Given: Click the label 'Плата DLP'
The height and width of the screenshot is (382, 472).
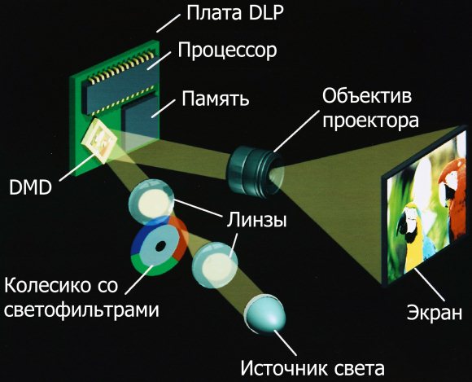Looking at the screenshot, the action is pyautogui.click(x=235, y=13).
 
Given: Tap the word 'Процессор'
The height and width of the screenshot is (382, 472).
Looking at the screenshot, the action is pyautogui.click(x=227, y=50).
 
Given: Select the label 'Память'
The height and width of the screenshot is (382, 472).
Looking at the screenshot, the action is pyautogui.click(x=216, y=99).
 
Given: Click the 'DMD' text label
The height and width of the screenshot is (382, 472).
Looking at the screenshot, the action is pyautogui.click(x=30, y=188).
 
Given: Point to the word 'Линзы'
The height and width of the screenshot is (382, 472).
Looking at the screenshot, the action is pyautogui.click(x=256, y=220).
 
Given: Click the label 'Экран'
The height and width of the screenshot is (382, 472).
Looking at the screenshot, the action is pyautogui.click(x=435, y=313).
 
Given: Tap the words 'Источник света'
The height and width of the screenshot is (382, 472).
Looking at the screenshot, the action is pyautogui.click(x=312, y=368).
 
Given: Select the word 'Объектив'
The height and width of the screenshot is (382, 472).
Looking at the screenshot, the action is pyautogui.click(x=367, y=96).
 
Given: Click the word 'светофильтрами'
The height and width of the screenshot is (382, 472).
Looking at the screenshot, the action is pyautogui.click(x=81, y=310).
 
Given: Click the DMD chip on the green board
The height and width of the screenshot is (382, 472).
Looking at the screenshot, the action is pyautogui.click(x=99, y=141).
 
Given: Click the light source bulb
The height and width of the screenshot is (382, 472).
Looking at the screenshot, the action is pyautogui.click(x=266, y=314).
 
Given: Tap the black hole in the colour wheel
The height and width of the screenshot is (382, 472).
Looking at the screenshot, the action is pyautogui.click(x=160, y=246).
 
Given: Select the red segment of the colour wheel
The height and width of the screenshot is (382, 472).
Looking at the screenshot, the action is pyautogui.click(x=180, y=238).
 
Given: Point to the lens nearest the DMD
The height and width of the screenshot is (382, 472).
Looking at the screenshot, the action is pyautogui.click(x=151, y=202).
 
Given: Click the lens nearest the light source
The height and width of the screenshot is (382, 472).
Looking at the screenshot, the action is pyautogui.click(x=215, y=265).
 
